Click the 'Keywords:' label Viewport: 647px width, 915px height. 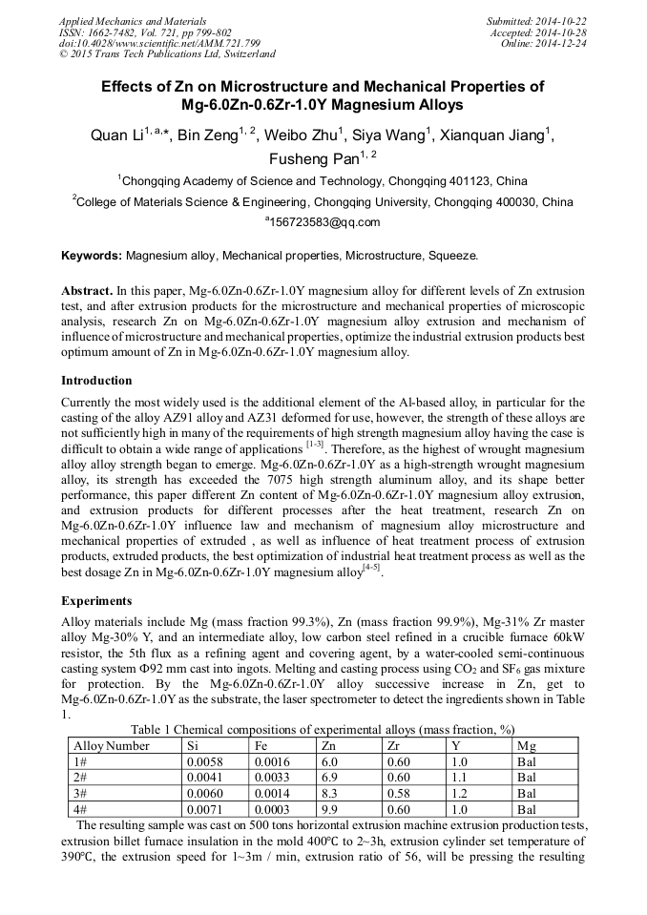pyautogui.click(x=92, y=257)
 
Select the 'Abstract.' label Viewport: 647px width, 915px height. pyautogui.click(x=87, y=290)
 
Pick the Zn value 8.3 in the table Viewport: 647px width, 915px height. pyautogui.click(x=330, y=793)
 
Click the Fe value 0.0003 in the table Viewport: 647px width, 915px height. pyautogui.click(x=270, y=808)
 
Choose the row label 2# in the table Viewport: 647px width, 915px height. pyautogui.click(x=80, y=777)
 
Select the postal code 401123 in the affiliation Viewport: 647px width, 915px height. pyautogui.click(x=445, y=179)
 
